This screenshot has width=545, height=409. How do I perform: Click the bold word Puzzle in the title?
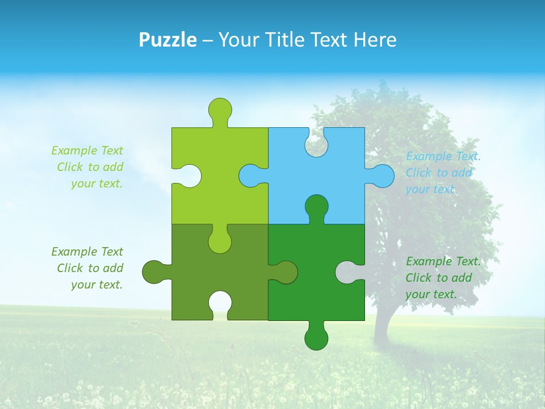point(168,40)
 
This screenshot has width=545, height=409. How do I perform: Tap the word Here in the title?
point(375,40)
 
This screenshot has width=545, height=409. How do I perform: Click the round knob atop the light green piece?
point(220,109)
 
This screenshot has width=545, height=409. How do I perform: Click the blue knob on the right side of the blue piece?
point(382,176)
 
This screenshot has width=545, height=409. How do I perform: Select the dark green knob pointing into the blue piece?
point(316,206)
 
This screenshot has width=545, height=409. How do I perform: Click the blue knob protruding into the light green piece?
point(250,176)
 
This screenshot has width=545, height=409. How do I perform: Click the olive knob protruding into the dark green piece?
point(285,272)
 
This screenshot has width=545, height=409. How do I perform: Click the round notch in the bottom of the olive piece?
point(220,303)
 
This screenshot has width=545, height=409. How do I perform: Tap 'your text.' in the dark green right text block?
point(431,294)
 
